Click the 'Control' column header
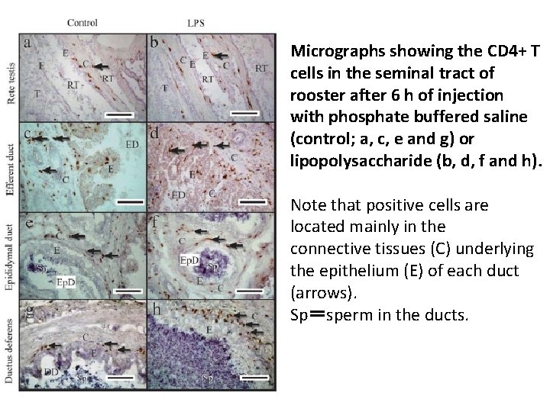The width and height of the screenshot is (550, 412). point(82,22)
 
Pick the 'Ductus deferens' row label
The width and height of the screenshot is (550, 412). point(10,347)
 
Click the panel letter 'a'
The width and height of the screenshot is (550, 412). point(27,43)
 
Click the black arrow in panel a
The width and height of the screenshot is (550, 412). point(102,66)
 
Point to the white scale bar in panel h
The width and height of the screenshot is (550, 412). point(257,377)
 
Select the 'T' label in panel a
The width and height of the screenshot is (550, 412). point(38,95)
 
